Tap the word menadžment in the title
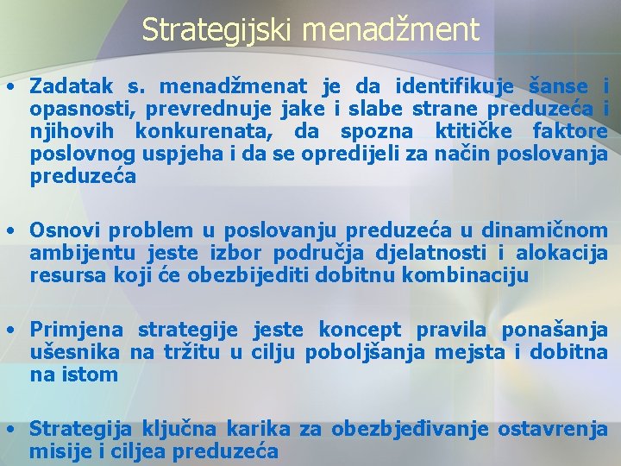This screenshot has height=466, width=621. coord(391,30)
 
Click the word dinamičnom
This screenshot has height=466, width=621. coord(544,230)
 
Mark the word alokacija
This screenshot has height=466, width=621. coord(562,253)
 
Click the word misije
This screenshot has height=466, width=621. coord(56,451)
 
